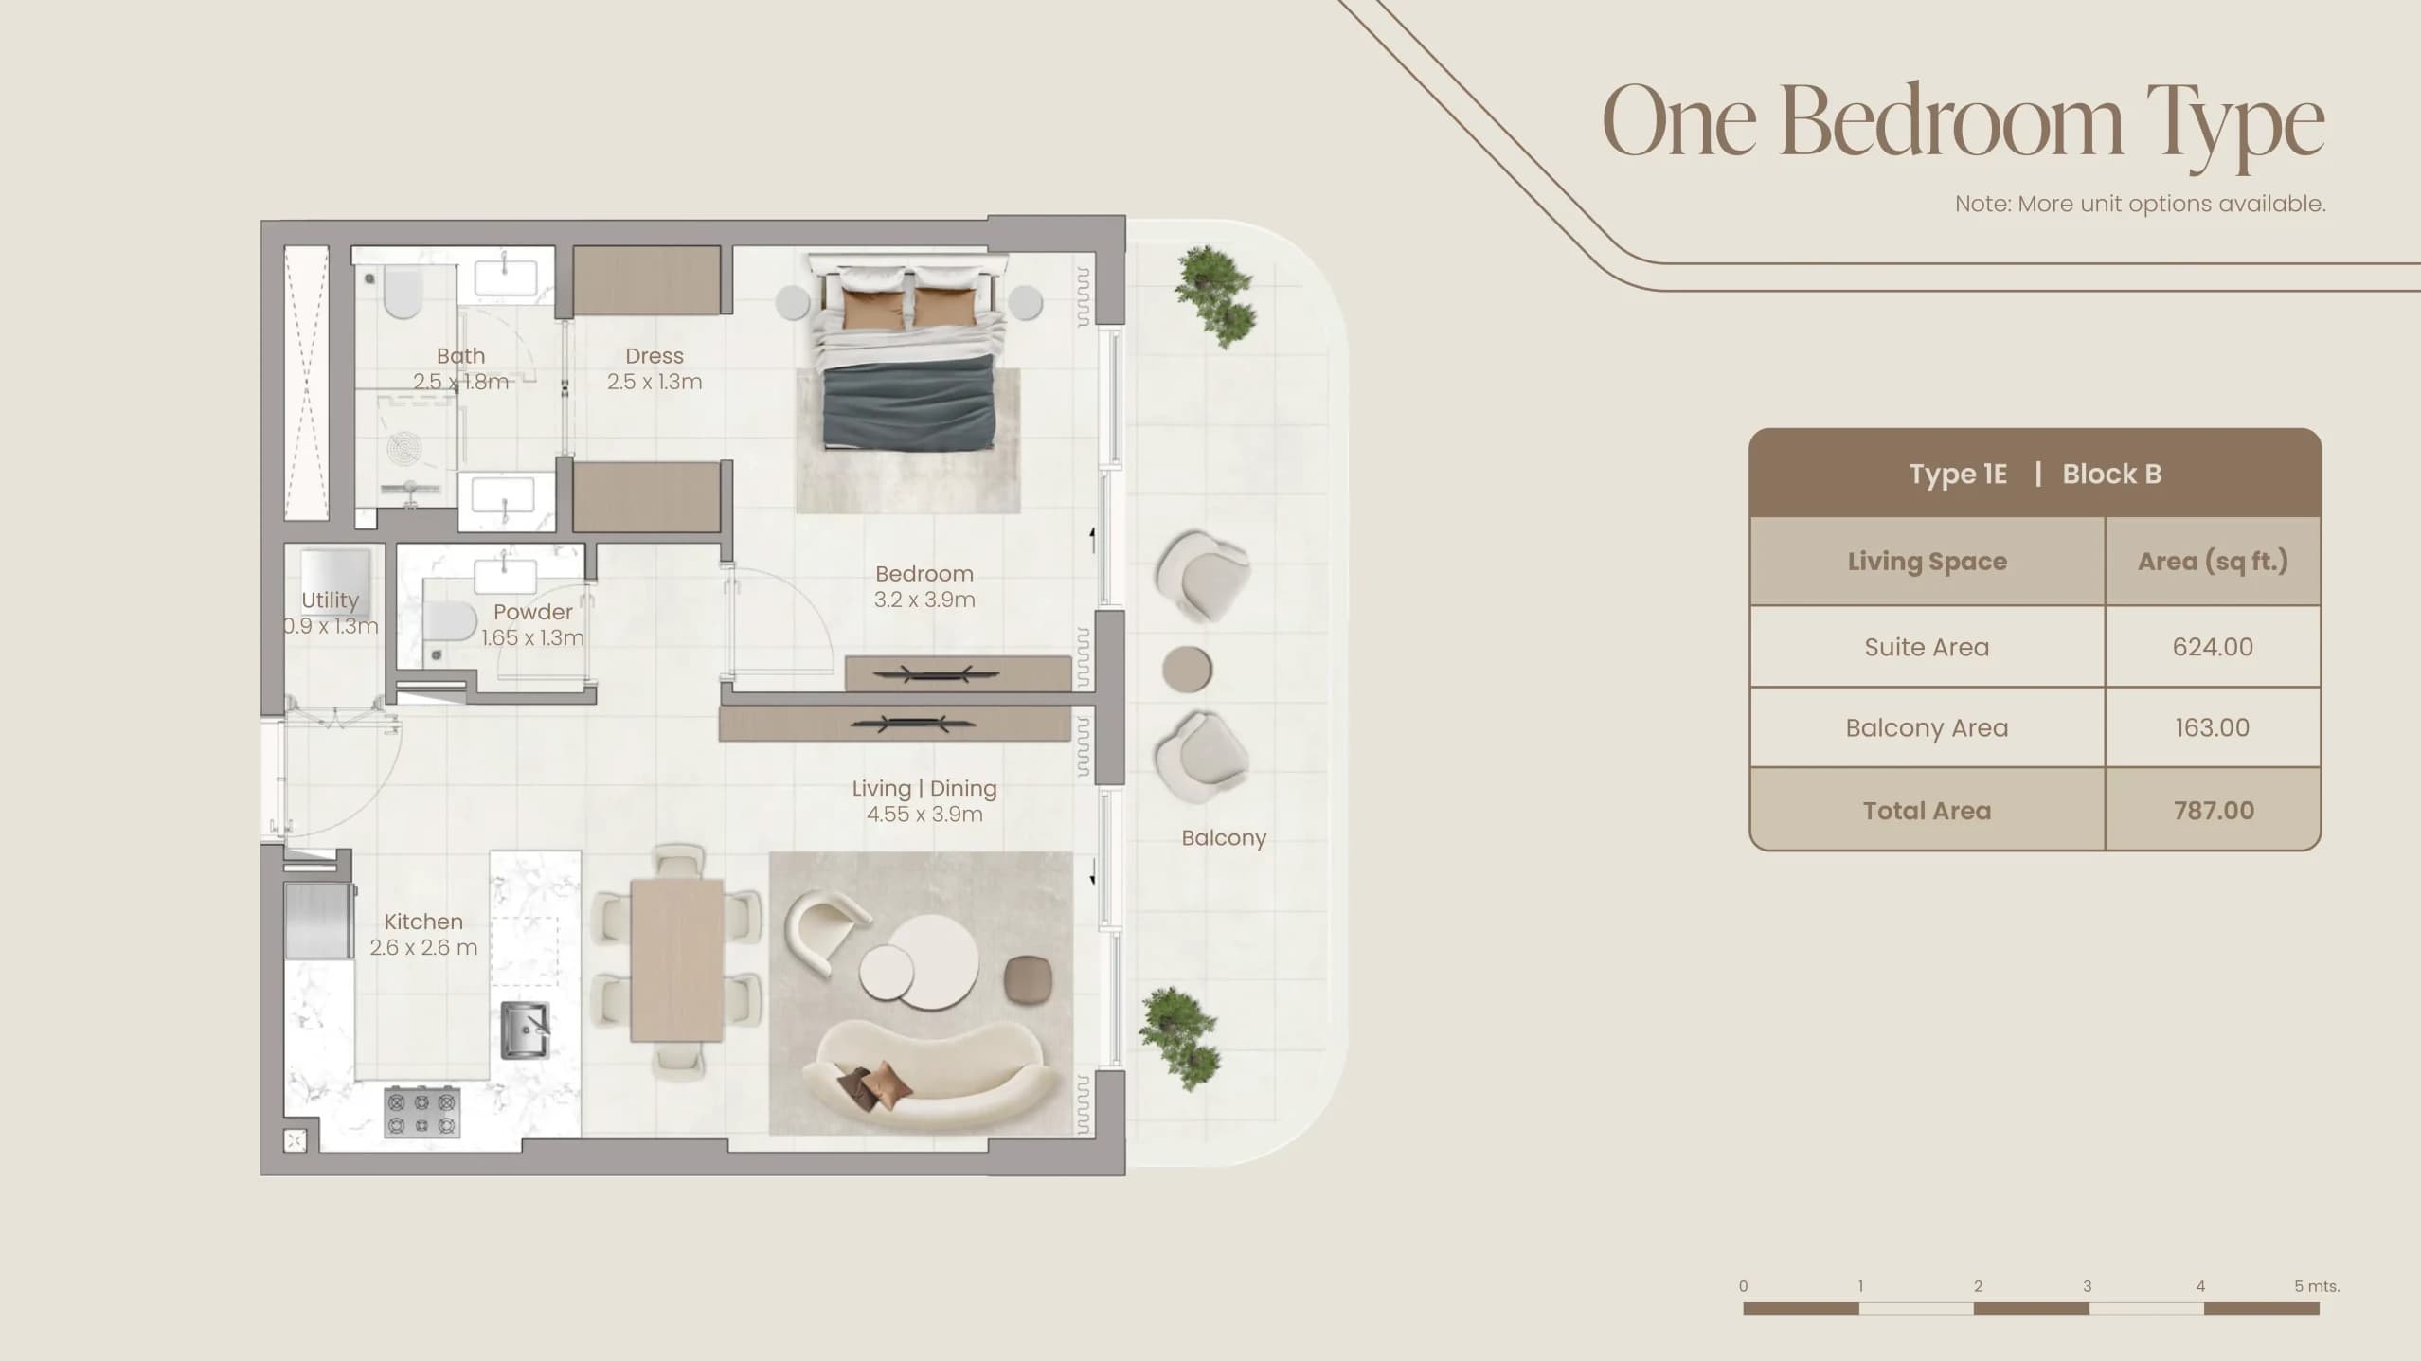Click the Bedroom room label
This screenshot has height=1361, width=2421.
tap(924, 586)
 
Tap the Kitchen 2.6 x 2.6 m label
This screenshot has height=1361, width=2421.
tap(423, 934)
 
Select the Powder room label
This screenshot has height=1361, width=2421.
tap(532, 624)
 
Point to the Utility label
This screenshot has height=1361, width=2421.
tap(330, 613)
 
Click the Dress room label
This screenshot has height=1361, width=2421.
tap(655, 368)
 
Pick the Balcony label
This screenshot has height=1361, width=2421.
tap(1224, 838)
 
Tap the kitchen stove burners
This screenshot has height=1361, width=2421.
tap(421, 1113)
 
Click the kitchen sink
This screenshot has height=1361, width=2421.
tap(525, 1030)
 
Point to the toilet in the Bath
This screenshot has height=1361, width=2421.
tap(402, 293)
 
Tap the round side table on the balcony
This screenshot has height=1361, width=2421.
tap(1187, 670)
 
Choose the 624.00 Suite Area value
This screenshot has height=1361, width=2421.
tap(2213, 647)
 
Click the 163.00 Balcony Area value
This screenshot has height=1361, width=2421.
tap(2213, 727)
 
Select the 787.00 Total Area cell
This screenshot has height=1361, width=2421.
tap(2214, 810)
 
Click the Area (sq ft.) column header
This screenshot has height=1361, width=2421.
tap(2213, 562)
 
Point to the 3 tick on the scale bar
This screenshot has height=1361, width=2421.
tap(2087, 1286)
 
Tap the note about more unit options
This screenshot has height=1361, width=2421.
tap(2141, 204)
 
